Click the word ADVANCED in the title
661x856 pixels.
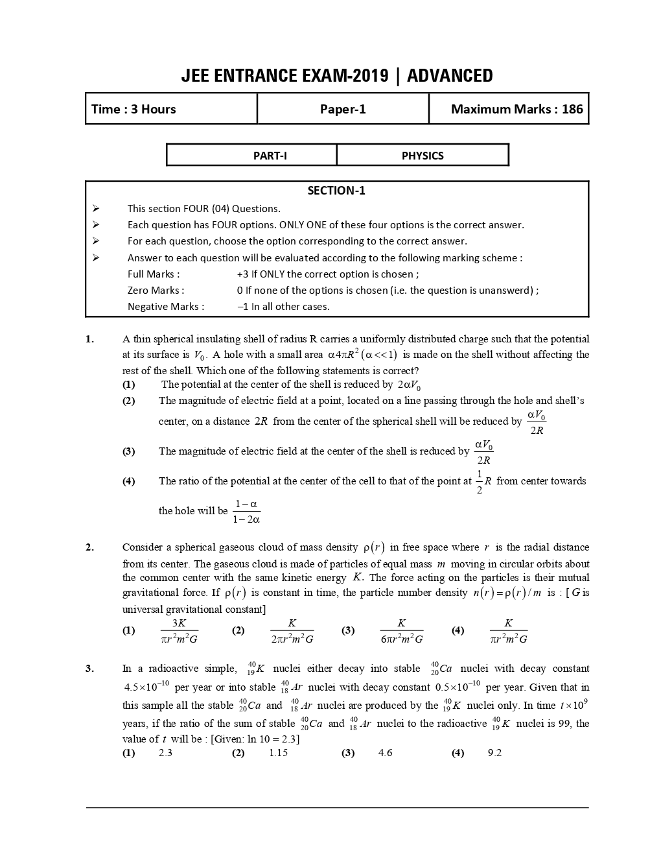click(x=450, y=76)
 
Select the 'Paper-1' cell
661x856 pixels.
click(x=343, y=109)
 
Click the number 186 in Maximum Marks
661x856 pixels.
click(x=572, y=109)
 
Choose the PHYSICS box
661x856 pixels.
click(x=423, y=156)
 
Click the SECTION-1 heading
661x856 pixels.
click(x=336, y=191)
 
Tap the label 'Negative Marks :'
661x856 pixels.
click(x=166, y=307)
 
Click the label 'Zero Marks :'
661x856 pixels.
click(x=156, y=291)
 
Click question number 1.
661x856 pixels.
click(x=89, y=339)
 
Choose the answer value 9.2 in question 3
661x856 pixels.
click(x=494, y=753)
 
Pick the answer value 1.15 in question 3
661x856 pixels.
click(x=278, y=753)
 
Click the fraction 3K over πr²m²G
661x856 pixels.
click(x=179, y=631)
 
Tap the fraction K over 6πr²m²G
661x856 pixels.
click(x=402, y=631)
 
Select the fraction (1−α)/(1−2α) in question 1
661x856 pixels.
click(x=247, y=512)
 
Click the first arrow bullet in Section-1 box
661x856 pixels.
click(x=96, y=209)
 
